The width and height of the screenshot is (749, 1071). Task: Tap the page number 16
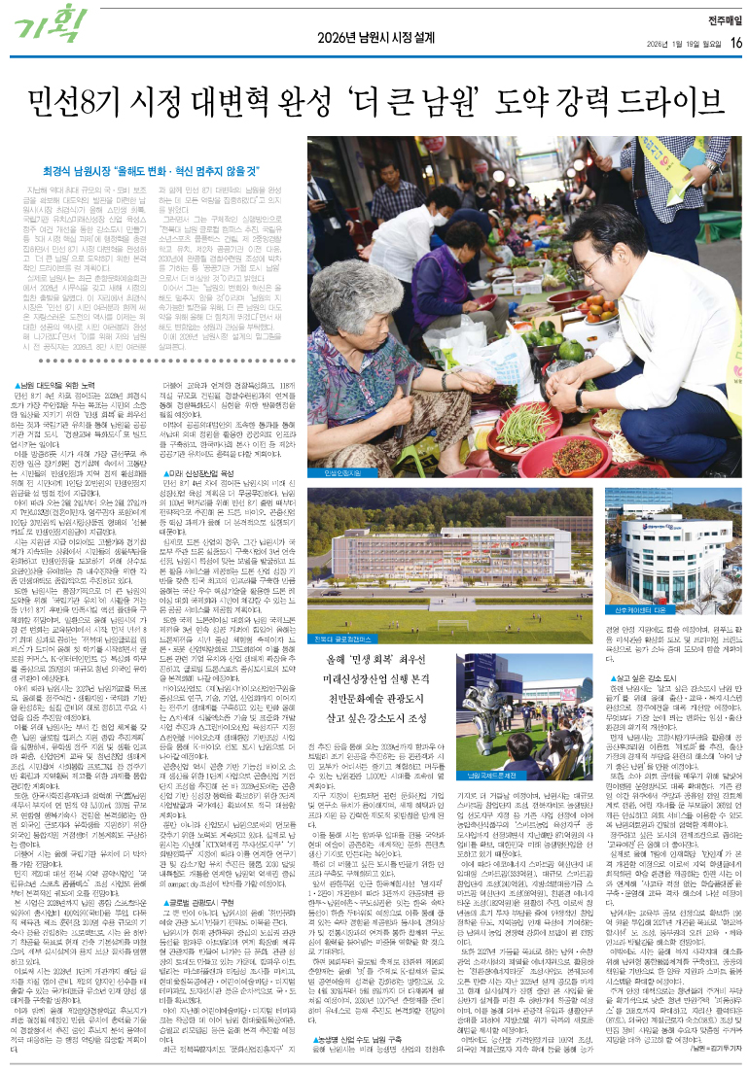(x=735, y=42)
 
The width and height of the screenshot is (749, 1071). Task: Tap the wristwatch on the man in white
(x=581, y=397)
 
